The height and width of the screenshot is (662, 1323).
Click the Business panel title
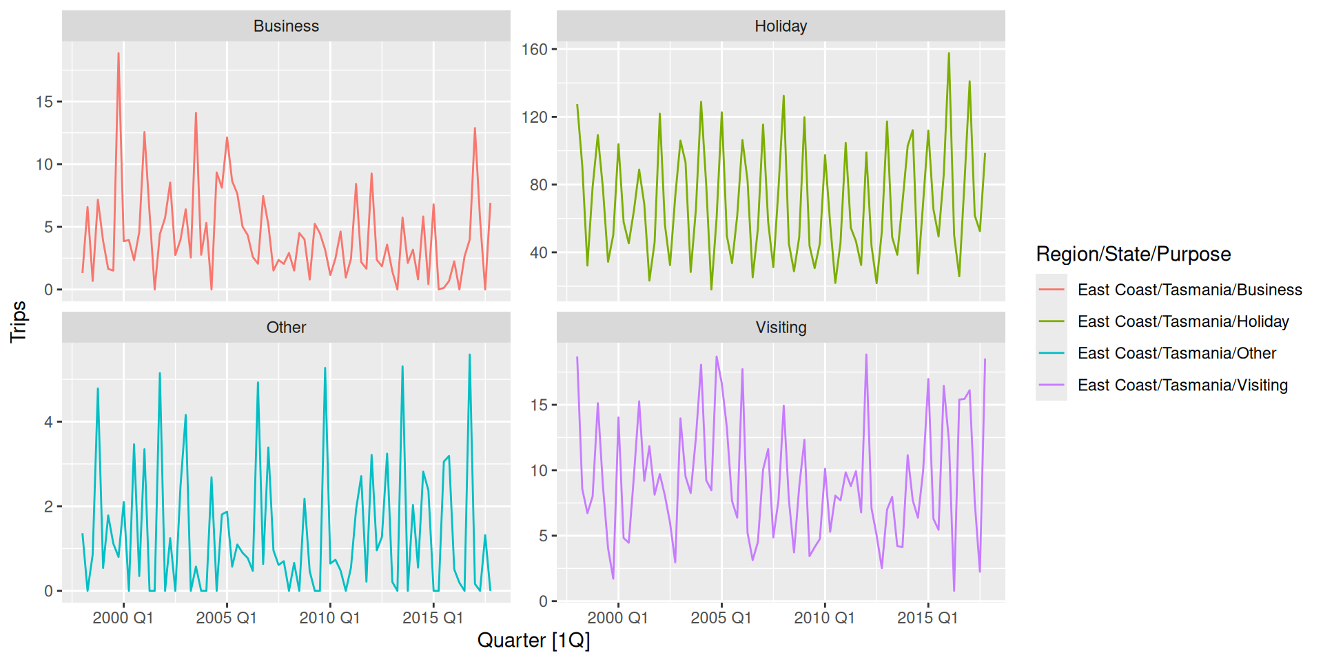286,26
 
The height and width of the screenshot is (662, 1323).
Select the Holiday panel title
781,26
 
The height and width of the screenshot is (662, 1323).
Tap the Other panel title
286,328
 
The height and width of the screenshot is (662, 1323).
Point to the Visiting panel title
781,328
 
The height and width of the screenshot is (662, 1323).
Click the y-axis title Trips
19,321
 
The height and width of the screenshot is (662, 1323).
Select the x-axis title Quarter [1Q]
533,641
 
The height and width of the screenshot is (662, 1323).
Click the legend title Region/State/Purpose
1134,254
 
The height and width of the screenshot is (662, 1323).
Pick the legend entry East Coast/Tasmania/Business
1189,290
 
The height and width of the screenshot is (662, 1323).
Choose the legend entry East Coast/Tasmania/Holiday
1183,321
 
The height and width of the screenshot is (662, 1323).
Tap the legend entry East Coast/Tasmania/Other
1177,353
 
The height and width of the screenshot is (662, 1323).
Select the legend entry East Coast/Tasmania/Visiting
1182,385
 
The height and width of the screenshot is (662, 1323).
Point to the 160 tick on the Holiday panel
535,50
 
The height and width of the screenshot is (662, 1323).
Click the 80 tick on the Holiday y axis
539,185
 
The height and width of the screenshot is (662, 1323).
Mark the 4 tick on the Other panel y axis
48,422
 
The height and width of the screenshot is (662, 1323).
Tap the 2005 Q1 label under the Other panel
226,618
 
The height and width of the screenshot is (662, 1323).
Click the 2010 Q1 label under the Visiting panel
824,618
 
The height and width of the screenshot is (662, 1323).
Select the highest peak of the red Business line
119,54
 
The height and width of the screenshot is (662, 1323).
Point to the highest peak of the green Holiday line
949,54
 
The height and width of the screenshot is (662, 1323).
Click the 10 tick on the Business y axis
44,164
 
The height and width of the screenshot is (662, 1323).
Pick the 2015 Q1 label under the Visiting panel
927,618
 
